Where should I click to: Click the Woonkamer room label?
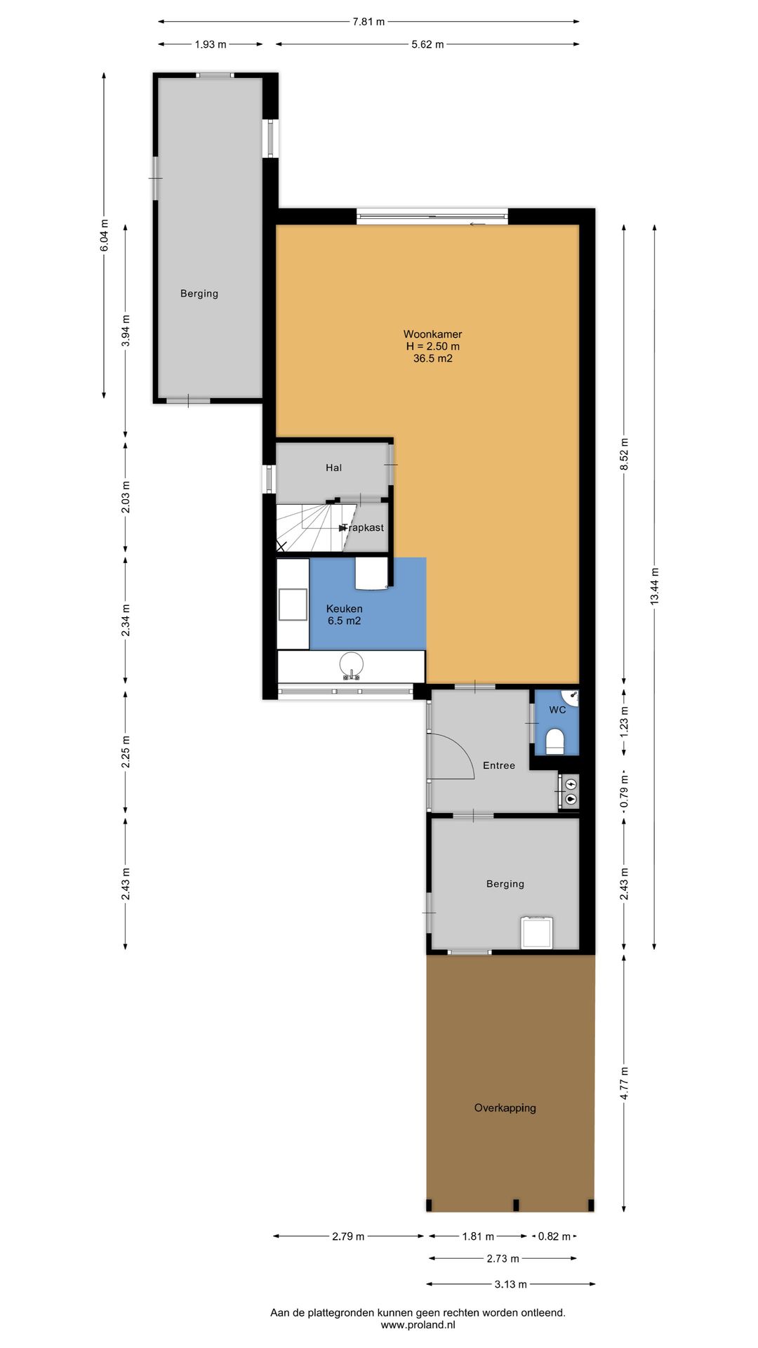pos(432,334)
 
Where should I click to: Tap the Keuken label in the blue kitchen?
pos(344,609)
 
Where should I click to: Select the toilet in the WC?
pos(555,741)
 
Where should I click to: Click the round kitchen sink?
pos(351,664)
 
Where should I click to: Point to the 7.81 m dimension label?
pos(368,22)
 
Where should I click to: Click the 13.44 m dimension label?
pos(654,586)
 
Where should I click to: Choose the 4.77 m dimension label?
pos(624,1083)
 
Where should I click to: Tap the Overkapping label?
pos(505,1108)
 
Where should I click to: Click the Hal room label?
pos(333,468)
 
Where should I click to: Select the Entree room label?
pos(499,765)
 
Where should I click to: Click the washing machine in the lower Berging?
pos(537,932)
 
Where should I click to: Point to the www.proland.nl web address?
pos(418,1325)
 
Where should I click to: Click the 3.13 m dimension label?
pos(510,1284)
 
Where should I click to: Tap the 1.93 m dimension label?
pos(211,44)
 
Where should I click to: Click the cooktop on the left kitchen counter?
pos(293,604)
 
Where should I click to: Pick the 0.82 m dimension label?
pos(554,1236)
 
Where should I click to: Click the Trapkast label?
pos(364,527)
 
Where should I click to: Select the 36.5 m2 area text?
pos(432,358)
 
